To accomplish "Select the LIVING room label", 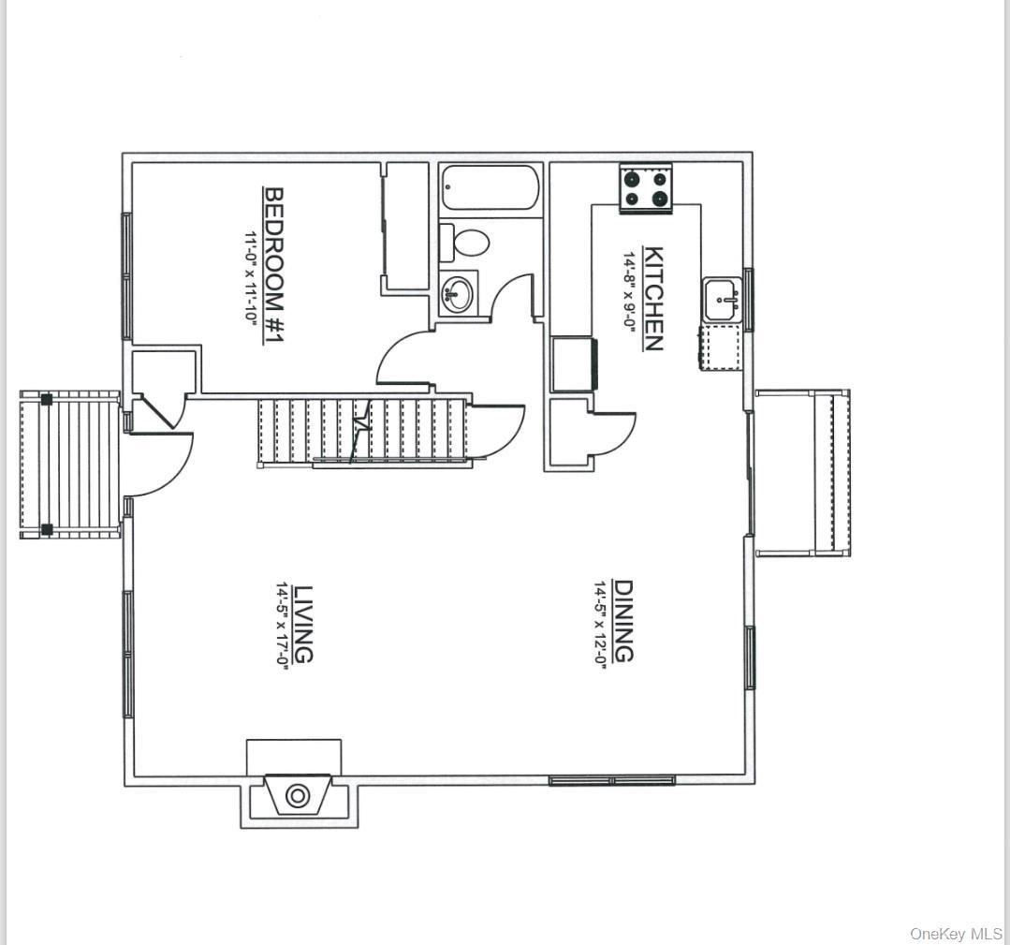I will [x=302, y=624].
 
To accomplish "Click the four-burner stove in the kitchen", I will [x=647, y=187].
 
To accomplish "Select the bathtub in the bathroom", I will [x=489, y=188].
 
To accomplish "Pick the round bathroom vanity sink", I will [x=458, y=292].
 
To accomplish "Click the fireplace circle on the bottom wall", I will [x=298, y=796].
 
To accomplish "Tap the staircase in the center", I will [x=363, y=430].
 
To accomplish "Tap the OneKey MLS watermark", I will [x=956, y=934].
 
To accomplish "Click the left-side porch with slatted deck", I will [x=70, y=465].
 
